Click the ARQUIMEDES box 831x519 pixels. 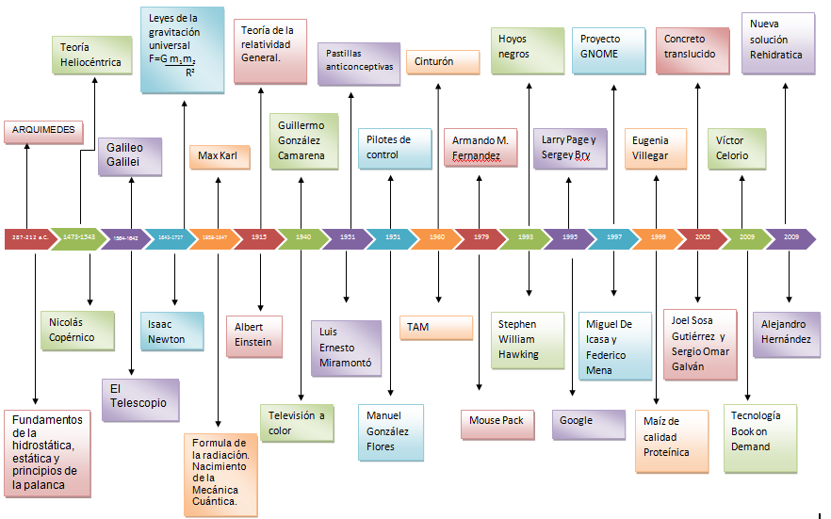click(x=43, y=131)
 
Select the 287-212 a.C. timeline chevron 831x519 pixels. click(x=25, y=238)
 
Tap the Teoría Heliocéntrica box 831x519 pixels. click(x=90, y=55)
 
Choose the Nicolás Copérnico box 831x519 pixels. click(x=76, y=330)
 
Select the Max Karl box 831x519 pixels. click(x=219, y=155)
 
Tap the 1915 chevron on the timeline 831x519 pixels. click(x=259, y=238)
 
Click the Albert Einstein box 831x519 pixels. click(x=258, y=335)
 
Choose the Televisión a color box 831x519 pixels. click(x=297, y=423)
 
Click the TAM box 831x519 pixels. click(x=436, y=328)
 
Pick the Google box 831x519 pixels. click(x=588, y=424)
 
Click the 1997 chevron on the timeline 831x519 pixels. click(x=614, y=238)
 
